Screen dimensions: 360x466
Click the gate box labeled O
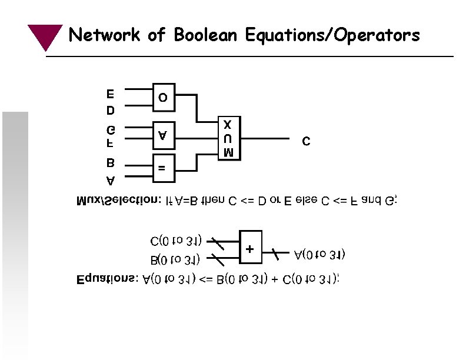click(x=164, y=96)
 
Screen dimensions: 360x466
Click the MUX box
click(x=229, y=139)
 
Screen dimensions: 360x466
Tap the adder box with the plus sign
click(x=250, y=249)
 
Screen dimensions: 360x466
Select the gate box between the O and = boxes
click(x=164, y=135)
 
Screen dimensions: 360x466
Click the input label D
click(x=111, y=110)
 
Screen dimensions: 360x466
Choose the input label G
click(x=111, y=129)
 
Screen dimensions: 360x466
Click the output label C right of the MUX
click(x=305, y=142)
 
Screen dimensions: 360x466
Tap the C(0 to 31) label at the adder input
click(x=177, y=241)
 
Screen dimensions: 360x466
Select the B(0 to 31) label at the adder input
click(x=175, y=259)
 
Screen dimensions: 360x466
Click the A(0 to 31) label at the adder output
click(x=319, y=255)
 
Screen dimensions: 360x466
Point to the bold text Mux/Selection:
click(x=119, y=202)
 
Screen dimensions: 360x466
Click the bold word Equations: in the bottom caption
click(x=107, y=279)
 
